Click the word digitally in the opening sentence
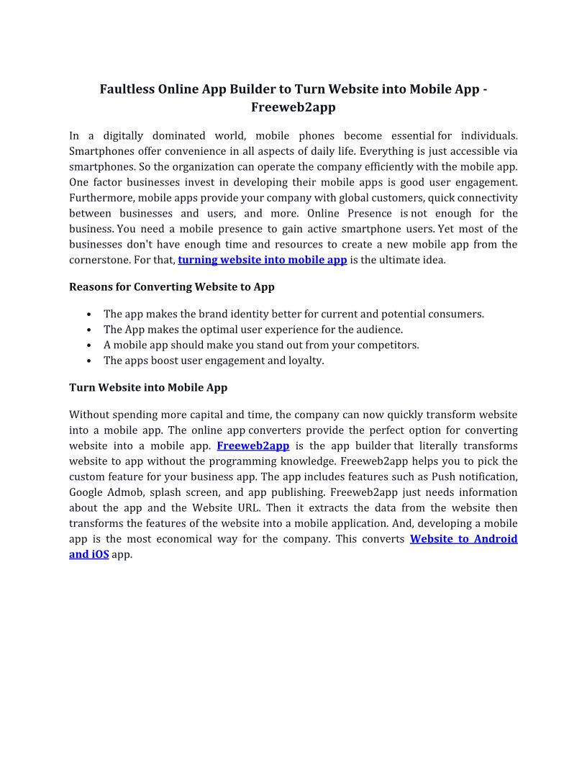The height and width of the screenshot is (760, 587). (123, 135)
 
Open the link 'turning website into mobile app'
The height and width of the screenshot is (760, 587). (263, 260)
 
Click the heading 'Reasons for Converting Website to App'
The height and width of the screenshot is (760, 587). (172, 286)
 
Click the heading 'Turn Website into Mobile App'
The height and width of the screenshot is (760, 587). (148, 387)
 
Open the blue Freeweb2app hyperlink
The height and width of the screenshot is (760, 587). (253, 446)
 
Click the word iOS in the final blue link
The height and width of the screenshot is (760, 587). (99, 555)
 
